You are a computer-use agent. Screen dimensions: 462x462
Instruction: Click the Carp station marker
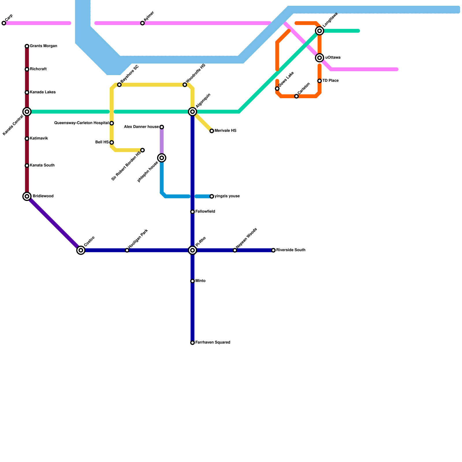coord(4,23)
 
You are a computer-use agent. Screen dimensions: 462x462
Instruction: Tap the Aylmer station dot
coord(142,23)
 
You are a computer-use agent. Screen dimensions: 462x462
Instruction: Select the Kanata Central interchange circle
coord(27,112)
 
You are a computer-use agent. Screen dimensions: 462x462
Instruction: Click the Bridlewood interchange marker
coord(27,196)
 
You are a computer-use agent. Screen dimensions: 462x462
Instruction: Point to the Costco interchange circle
coord(81,250)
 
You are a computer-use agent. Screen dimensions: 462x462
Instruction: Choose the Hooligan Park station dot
coord(127,250)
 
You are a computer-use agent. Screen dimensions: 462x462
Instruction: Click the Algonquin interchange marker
coord(193,112)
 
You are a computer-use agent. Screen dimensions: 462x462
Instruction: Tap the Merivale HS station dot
coord(212,131)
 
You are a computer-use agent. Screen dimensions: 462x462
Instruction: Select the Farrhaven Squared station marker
coord(193,343)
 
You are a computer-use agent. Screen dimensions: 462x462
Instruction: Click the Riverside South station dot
coord(273,250)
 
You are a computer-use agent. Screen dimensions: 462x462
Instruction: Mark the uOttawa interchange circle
coord(319,58)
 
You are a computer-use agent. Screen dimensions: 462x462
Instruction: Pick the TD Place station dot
coord(319,81)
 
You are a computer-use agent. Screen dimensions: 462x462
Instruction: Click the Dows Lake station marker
coord(277,89)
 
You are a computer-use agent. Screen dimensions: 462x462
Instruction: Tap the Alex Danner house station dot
coord(162,127)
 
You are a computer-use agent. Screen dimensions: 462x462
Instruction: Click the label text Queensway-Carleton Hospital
coord(81,123)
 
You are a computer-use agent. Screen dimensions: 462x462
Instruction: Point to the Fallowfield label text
coord(205,212)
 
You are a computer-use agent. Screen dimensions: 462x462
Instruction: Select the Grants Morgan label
coord(43,46)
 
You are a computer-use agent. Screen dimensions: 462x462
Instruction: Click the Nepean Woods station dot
coord(235,250)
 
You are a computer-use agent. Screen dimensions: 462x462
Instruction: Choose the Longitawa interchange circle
coord(319,31)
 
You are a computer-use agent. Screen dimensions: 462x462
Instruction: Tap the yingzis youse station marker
coord(212,196)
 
